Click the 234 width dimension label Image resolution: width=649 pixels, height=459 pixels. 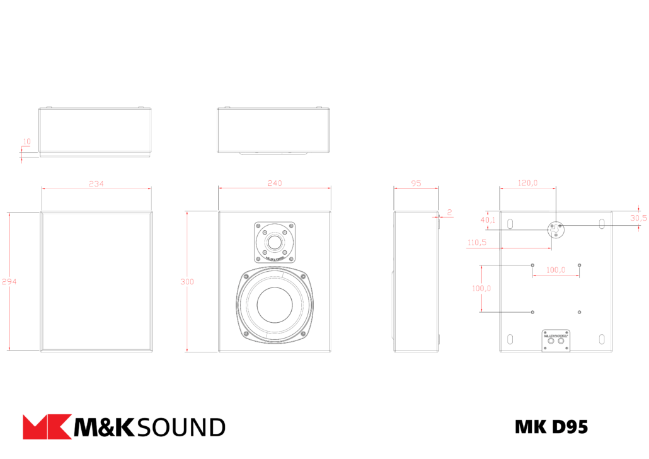(x=96, y=183)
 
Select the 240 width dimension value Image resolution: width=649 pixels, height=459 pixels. (x=275, y=183)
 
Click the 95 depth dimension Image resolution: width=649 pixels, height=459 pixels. (x=416, y=183)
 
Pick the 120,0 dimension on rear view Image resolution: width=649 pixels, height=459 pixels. (x=527, y=183)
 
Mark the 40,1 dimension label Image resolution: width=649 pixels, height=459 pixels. (x=488, y=220)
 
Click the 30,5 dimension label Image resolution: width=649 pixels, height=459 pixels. (x=638, y=218)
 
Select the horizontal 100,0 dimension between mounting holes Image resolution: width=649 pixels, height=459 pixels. (x=555, y=269)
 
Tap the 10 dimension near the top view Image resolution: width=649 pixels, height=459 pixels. (x=26, y=141)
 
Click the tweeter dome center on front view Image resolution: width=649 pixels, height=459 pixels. (x=275, y=242)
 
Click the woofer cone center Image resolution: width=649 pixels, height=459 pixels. (x=275, y=305)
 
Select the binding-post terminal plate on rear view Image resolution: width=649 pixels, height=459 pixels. (x=556, y=340)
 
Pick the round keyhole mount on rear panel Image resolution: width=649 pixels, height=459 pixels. (x=556, y=229)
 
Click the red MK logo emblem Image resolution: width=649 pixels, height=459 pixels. (x=47, y=427)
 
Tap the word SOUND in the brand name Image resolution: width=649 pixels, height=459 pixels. (x=180, y=427)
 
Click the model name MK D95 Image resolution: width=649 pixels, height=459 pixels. (x=551, y=427)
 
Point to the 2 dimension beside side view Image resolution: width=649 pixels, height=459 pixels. (x=450, y=212)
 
